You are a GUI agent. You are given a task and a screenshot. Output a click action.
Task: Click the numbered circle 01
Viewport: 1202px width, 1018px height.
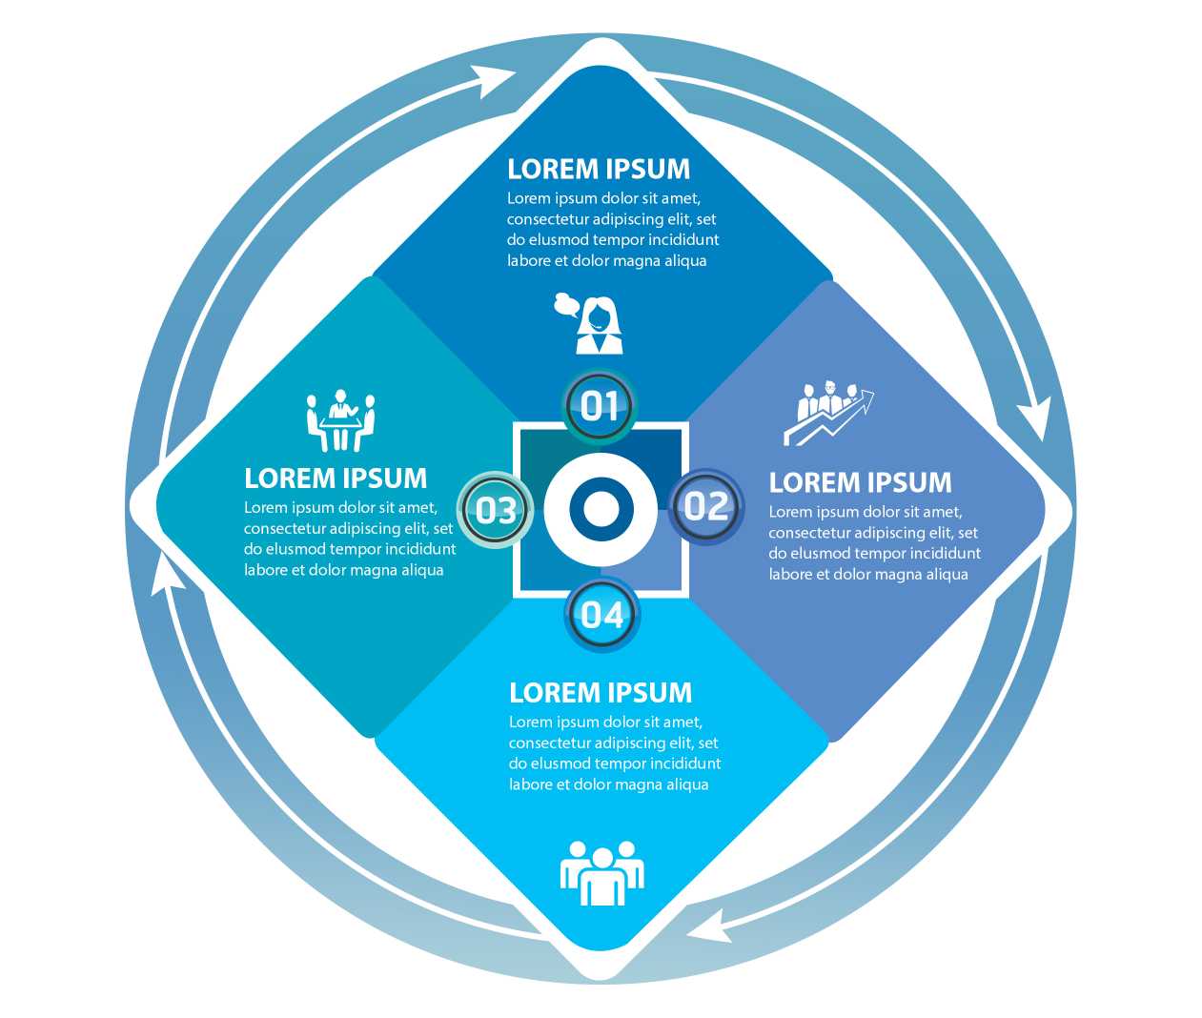coord(599,406)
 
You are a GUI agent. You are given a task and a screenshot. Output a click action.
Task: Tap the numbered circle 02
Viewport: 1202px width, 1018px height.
coord(706,506)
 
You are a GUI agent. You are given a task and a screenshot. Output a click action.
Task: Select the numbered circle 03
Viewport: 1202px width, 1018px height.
coord(496,510)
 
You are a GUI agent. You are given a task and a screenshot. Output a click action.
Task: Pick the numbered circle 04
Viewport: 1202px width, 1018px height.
coord(602,615)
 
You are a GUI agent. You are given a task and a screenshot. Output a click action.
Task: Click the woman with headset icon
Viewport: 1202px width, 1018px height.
coord(600,327)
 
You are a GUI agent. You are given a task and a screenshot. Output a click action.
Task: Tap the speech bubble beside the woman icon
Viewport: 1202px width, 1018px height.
coord(567,305)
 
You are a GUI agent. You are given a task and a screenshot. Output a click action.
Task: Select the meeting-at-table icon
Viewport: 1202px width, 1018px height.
coord(340,420)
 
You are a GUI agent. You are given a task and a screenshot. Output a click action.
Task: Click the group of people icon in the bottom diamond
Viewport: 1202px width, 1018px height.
coord(601,873)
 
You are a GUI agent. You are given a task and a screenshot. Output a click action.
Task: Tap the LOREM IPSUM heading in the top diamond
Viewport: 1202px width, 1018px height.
coord(599,169)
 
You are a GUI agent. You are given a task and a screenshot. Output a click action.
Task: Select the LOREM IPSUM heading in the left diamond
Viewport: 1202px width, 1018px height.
coord(336,478)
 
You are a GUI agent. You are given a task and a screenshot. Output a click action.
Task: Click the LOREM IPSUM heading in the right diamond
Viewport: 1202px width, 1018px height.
coord(860,482)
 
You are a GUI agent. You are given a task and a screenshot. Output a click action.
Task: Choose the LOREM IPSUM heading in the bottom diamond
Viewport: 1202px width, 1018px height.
coord(601,692)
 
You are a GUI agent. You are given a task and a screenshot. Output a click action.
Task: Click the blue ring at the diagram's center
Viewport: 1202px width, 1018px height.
coord(601,508)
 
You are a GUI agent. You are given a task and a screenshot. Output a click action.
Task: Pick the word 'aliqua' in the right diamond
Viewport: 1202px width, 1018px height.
coord(946,574)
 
